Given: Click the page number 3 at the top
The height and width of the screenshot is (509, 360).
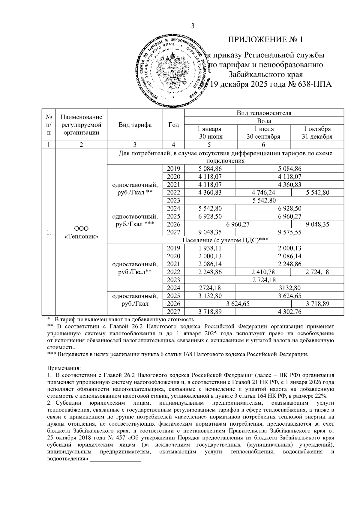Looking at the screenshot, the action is coord(193,26).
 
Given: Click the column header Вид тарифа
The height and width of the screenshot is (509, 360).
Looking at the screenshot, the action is coord(135,125).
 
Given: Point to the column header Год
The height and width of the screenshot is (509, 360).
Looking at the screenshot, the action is coord(173,125).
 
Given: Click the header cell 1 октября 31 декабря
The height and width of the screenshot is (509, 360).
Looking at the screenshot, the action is coord(317,133).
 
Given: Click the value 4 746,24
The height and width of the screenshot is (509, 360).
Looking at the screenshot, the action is coord(263,193).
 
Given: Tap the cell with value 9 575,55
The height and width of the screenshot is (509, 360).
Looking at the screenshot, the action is coord(289,232).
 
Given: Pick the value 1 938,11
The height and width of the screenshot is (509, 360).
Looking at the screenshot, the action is coord(210,248).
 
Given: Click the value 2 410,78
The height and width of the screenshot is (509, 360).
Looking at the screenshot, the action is coord(263,272).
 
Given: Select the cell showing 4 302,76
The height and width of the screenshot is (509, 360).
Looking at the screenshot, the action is coord(289,312).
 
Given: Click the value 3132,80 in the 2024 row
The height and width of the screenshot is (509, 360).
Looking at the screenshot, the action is coord(289,288).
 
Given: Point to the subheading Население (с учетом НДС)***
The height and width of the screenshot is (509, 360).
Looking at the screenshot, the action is coord(225,240).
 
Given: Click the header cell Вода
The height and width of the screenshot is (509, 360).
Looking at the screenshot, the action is coord(264,121).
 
